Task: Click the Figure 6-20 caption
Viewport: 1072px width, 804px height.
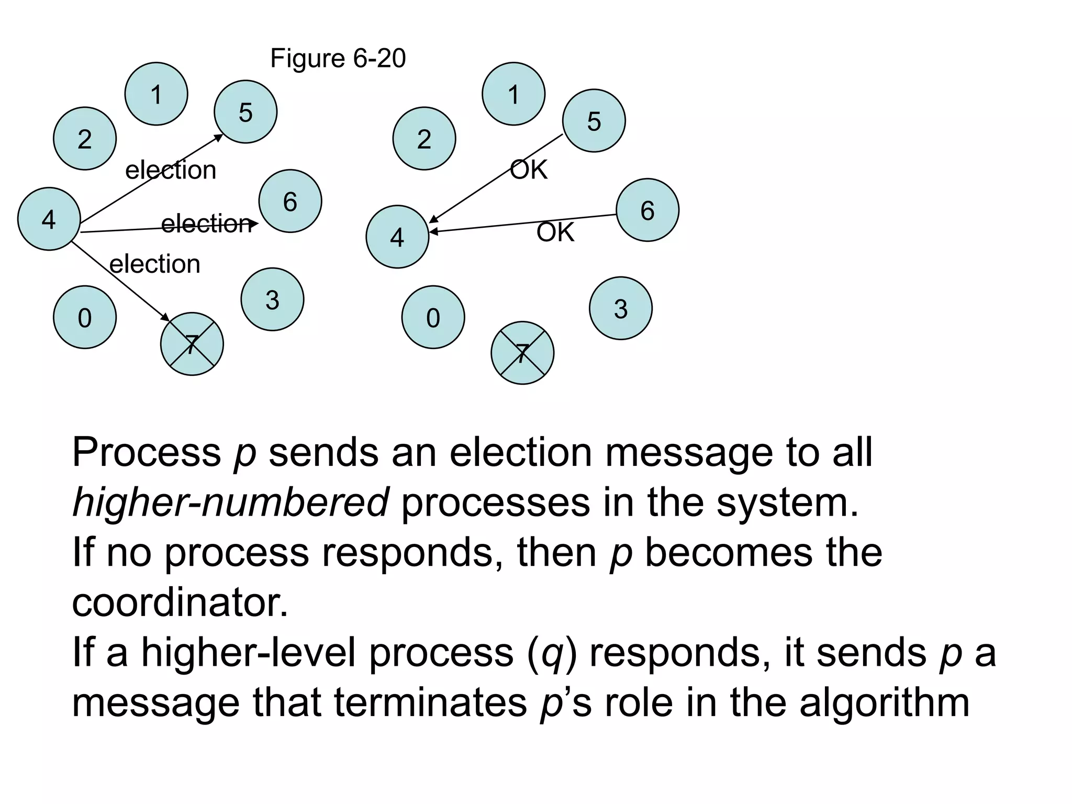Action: click(x=338, y=58)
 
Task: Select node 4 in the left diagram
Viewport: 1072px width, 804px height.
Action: click(x=49, y=219)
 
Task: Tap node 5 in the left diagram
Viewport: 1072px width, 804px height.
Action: click(x=245, y=111)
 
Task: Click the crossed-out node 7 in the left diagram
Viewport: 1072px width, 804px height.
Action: click(x=192, y=344)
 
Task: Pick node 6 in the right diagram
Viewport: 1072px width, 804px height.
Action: click(x=647, y=210)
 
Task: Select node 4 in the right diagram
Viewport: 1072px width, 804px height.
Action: click(x=397, y=237)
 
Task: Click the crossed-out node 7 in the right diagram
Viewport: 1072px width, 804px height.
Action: click(x=522, y=353)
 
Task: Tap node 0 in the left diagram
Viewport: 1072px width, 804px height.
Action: click(x=84, y=317)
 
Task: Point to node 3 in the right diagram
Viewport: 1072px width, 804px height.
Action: click(x=620, y=308)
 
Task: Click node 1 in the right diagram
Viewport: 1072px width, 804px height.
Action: click(x=513, y=94)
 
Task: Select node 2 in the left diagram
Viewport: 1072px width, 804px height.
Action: click(x=84, y=139)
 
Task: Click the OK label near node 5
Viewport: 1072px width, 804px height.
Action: click(x=529, y=170)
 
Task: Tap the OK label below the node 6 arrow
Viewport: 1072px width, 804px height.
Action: click(x=555, y=232)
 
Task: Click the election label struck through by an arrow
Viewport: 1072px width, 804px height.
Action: click(x=206, y=224)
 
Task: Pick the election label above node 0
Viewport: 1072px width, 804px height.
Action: click(x=154, y=263)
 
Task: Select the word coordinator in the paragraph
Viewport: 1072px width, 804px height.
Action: click(x=180, y=602)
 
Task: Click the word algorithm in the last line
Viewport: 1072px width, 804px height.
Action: click(x=884, y=702)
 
